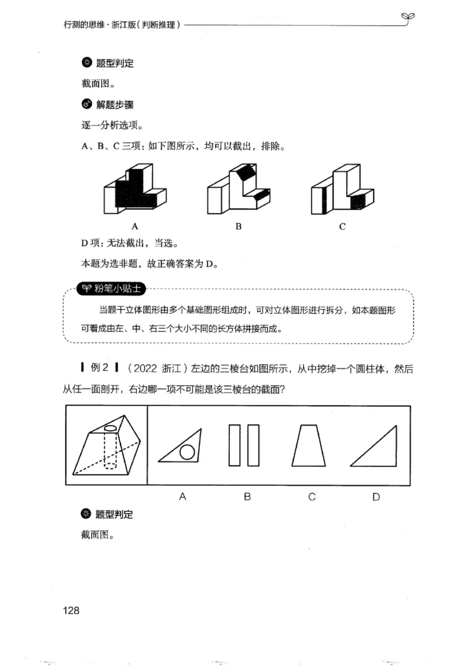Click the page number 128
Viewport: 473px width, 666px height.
click(x=70, y=610)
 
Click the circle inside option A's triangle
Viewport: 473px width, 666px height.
click(x=187, y=453)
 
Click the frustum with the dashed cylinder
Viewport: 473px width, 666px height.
click(x=106, y=446)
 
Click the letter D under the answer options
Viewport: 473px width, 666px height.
click(x=376, y=497)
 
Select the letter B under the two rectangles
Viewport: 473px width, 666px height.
click(x=247, y=497)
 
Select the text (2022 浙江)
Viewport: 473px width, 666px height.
click(x=157, y=369)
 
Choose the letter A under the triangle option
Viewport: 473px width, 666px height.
click(x=182, y=497)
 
